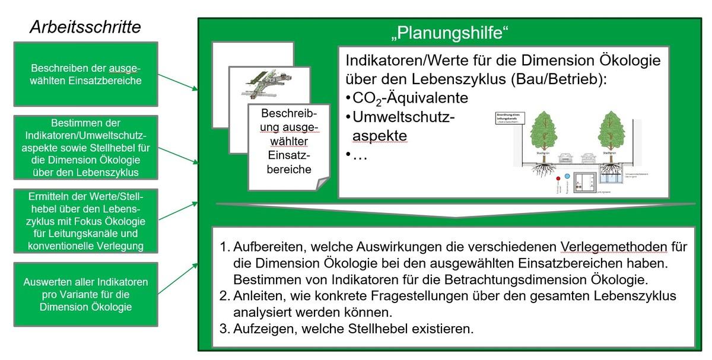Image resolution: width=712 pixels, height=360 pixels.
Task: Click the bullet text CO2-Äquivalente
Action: (x=409, y=97)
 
